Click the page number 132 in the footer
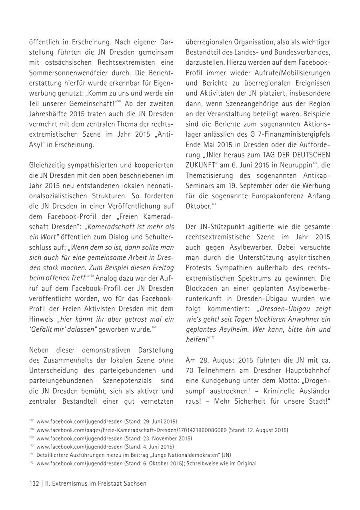click(x=34, y=483)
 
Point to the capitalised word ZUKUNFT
click(x=202, y=165)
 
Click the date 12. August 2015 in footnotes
click(x=268, y=430)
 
